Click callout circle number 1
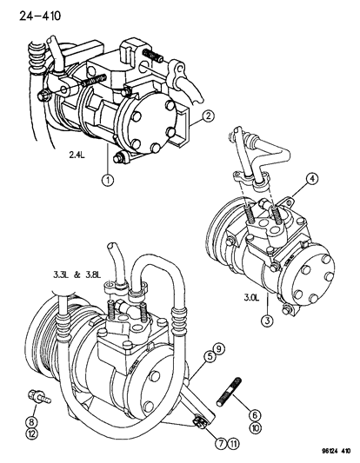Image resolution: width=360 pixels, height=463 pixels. click(x=109, y=181)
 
